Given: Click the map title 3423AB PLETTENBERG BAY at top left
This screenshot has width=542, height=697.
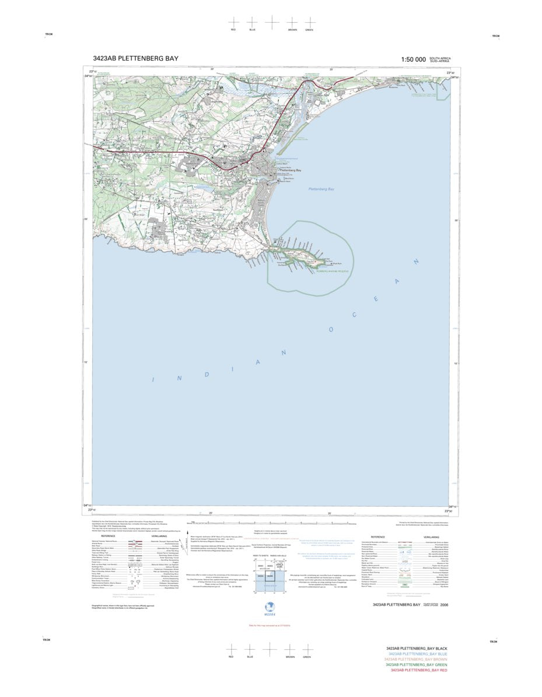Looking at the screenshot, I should [x=135, y=58].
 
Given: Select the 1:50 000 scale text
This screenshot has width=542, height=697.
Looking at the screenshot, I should [x=413, y=60].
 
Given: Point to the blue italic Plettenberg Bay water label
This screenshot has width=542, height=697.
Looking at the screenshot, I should [x=321, y=189].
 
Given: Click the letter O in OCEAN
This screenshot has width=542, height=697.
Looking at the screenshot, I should [x=330, y=330].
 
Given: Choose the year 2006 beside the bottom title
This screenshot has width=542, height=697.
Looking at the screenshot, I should [x=445, y=605].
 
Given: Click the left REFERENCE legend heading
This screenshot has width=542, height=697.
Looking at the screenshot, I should [x=109, y=536].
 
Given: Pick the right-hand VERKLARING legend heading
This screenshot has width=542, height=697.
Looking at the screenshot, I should [x=431, y=536].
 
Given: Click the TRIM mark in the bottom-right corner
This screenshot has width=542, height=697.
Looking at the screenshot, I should [x=494, y=642].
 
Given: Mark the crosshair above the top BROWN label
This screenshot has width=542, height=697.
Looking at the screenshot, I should [x=292, y=22].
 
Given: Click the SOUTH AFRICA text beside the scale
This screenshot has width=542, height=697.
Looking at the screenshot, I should [x=440, y=58].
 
